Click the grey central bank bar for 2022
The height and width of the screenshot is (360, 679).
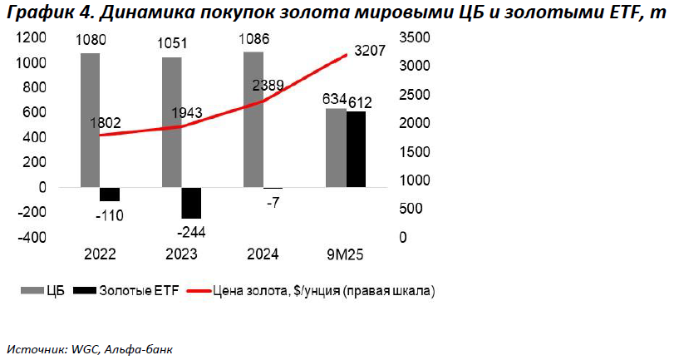pyautogui.click(x=91, y=120)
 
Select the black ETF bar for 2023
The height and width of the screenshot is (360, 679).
pyautogui.click(x=191, y=202)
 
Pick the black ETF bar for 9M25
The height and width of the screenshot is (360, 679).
pyautogui.click(x=356, y=149)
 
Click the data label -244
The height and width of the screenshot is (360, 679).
pyautogui.click(x=190, y=230)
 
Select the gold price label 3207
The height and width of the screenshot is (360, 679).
pyautogui.click(x=369, y=51)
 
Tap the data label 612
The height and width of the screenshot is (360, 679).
pyautogui.click(x=359, y=102)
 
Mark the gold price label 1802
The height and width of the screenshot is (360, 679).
pyautogui.click(x=105, y=123)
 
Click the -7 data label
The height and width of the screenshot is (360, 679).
pyautogui.click(x=273, y=204)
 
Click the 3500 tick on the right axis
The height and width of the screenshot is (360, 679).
pyautogui.click(x=414, y=38)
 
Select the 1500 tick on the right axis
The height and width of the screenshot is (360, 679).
pyautogui.click(x=414, y=152)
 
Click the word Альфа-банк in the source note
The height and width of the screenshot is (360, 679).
pyautogui.click(x=137, y=347)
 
